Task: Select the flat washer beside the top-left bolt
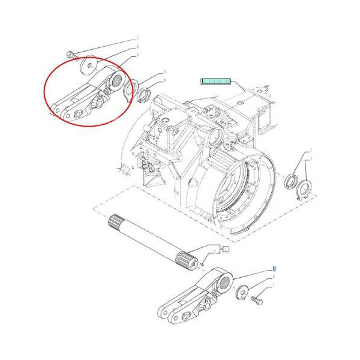[90, 65]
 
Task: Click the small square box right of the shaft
[226, 248]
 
